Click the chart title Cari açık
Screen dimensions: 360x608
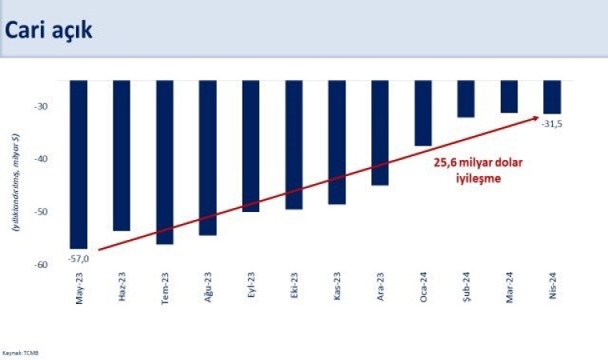point(49,30)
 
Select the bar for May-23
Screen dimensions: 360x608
point(78,164)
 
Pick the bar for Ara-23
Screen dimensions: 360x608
point(380,133)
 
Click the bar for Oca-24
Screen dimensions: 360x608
point(423,113)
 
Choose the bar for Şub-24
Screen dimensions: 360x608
point(466,98)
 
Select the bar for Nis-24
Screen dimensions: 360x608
point(552,97)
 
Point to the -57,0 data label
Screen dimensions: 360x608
point(79,258)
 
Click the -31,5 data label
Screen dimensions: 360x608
point(552,123)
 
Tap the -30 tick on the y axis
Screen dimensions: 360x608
point(41,106)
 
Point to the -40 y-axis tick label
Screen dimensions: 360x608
point(41,159)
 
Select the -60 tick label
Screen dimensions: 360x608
point(41,265)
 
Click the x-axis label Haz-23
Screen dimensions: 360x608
point(122,286)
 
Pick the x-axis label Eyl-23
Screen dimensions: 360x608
point(250,286)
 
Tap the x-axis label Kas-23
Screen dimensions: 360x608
point(337,286)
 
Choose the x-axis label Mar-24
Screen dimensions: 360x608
point(509,286)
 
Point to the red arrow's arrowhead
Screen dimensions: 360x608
point(535,118)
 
